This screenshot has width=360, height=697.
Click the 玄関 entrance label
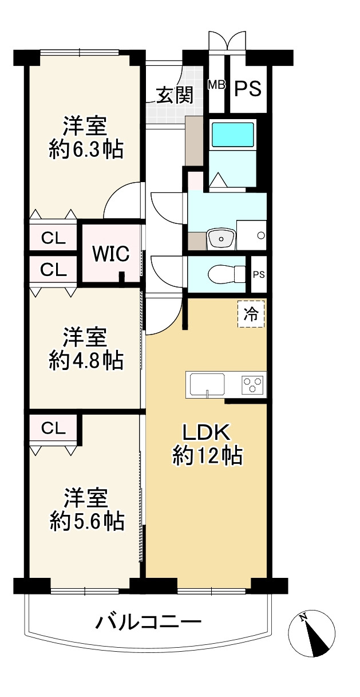(x=175, y=95)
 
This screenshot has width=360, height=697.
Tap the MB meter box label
(x=216, y=85)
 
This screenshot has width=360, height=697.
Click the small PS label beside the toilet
(x=259, y=274)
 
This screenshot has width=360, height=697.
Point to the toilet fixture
(x=226, y=274)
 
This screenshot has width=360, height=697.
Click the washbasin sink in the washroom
(x=221, y=239)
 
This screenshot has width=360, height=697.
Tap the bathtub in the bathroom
(x=232, y=135)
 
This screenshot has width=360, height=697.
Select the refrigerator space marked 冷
(x=251, y=314)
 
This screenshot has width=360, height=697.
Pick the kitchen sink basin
(x=207, y=385)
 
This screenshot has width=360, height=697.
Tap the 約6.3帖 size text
(x=86, y=149)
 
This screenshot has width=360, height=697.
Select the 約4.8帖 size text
(x=86, y=361)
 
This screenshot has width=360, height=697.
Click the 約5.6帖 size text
(x=87, y=522)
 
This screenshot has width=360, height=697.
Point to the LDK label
(x=206, y=432)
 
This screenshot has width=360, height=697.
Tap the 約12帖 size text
(x=207, y=456)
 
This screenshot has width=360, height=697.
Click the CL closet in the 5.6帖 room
(x=53, y=429)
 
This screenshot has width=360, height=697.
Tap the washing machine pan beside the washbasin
(x=251, y=235)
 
